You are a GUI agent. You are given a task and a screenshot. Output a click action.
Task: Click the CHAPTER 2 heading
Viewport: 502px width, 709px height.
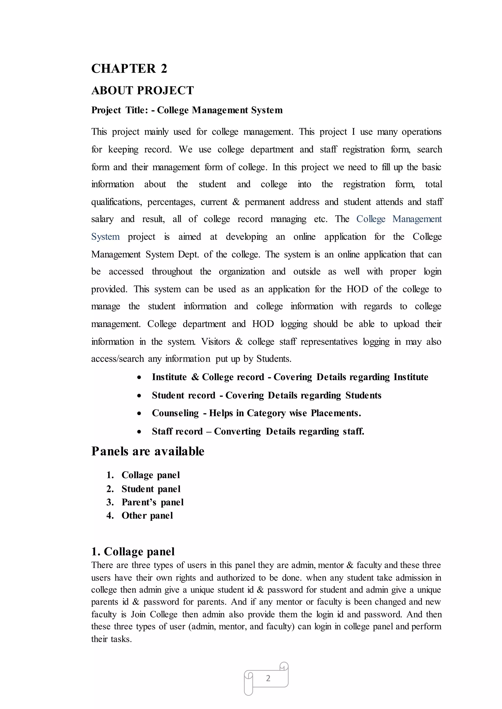click(129, 69)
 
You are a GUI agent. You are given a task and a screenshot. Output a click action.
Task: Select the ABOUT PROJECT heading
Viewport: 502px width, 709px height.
click(142, 90)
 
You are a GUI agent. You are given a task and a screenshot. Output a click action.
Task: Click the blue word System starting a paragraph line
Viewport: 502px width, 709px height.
click(105, 237)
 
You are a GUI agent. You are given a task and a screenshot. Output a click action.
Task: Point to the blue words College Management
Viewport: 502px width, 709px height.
click(399, 219)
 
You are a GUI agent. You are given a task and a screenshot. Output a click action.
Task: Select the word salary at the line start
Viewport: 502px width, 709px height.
click(102, 219)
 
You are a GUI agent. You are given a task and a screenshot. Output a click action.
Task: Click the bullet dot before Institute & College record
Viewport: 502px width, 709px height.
click(139, 378)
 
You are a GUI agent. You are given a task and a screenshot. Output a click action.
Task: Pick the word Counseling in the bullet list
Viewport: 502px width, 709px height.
click(175, 413)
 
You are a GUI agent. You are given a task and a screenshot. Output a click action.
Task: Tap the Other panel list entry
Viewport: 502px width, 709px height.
click(147, 516)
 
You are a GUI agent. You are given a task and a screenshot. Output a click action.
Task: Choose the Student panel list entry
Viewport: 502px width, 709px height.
click(151, 489)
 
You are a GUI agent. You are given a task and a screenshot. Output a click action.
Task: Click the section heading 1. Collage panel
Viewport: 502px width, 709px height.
click(133, 552)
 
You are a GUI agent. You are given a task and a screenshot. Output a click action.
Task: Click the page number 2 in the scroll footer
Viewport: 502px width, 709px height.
click(268, 678)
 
